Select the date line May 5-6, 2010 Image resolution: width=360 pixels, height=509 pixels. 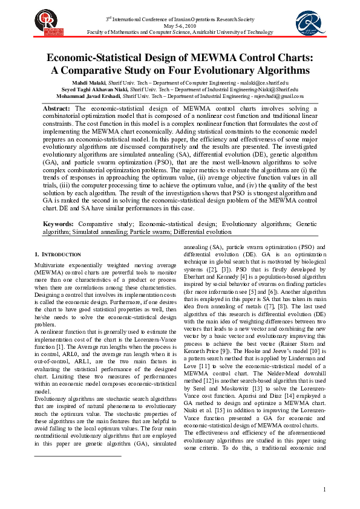pos(180,25)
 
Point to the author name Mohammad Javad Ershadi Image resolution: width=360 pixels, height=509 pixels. pos(88,96)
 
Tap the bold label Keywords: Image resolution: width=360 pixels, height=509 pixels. pos(58,224)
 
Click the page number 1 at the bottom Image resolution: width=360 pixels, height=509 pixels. pos(324,489)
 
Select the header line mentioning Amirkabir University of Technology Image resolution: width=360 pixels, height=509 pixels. pos(180,31)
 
